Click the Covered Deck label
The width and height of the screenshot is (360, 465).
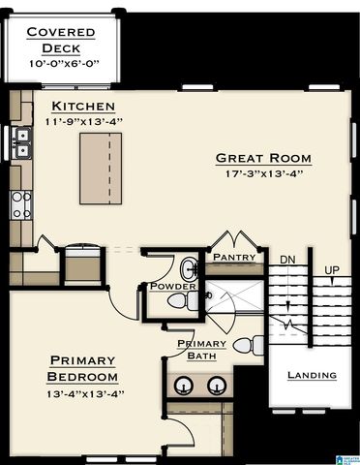click(60, 40)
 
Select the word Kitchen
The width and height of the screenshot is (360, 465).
click(83, 106)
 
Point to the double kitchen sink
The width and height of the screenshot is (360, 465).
click(20, 143)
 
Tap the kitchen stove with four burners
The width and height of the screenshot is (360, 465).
click(20, 203)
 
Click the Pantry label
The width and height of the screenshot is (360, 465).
click(234, 258)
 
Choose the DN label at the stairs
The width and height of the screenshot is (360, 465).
click(287, 260)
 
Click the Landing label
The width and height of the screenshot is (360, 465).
click(312, 375)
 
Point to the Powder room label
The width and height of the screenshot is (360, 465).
click(172, 287)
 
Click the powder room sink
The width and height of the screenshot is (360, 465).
click(189, 268)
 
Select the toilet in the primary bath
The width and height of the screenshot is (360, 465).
click(248, 344)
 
